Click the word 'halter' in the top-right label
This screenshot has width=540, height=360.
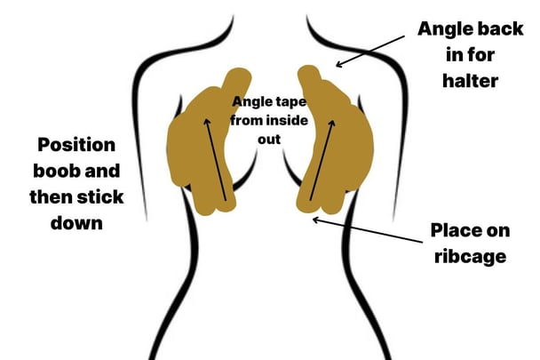point(470,81)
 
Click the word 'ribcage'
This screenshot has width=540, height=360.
point(470,257)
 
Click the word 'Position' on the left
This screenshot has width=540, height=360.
point(76,145)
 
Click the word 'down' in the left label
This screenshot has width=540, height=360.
point(76,223)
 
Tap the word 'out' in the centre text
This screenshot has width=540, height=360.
point(269,140)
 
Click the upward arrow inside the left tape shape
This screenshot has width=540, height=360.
point(216,159)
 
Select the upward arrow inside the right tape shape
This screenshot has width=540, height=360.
point(322,160)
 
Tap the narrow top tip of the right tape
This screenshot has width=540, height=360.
point(308,70)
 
